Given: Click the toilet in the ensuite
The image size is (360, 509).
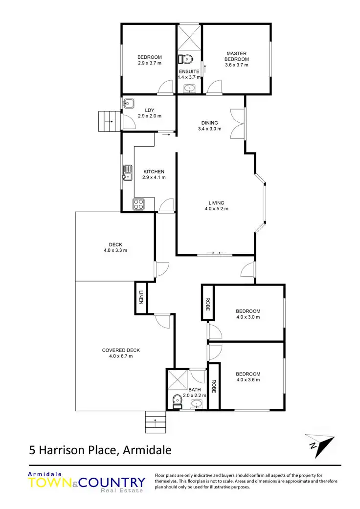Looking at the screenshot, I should [x=186, y=60].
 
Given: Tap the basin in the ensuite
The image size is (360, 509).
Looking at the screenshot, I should [x=189, y=89].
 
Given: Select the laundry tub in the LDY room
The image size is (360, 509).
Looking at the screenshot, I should [x=129, y=103].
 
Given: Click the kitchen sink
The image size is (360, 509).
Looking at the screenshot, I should [x=127, y=173].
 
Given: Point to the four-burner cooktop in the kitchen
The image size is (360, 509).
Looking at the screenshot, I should [x=138, y=204].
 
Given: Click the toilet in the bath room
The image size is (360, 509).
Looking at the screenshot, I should [x=177, y=401].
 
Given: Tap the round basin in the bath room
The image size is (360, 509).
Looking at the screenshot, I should [x=197, y=404].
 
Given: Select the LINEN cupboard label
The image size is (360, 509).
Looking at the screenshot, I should [x=141, y=298].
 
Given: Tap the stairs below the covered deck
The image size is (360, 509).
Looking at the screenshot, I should [x=156, y=422].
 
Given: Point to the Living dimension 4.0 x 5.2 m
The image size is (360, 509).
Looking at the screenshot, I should [x=216, y=209].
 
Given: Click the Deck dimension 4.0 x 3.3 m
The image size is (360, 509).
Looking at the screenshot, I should [x=115, y=250].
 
